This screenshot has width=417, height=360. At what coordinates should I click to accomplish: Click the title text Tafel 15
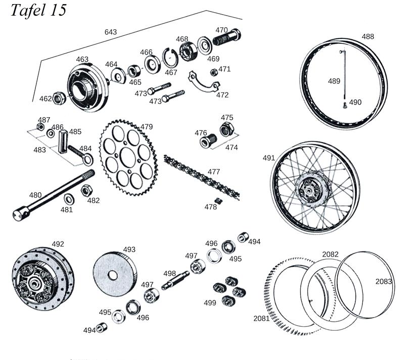click(38, 11)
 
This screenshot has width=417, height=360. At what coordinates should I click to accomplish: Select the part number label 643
click(110, 32)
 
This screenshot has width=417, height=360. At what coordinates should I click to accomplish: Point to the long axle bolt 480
click(51, 196)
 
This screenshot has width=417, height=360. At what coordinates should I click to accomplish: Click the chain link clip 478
click(218, 201)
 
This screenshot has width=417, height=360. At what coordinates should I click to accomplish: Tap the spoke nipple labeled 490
click(344, 105)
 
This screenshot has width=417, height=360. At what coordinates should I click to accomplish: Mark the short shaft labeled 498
click(175, 280)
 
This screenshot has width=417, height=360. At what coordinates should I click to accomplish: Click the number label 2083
click(384, 281)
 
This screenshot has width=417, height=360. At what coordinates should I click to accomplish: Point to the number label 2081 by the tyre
click(262, 318)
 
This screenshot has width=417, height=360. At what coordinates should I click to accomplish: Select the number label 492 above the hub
click(58, 244)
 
